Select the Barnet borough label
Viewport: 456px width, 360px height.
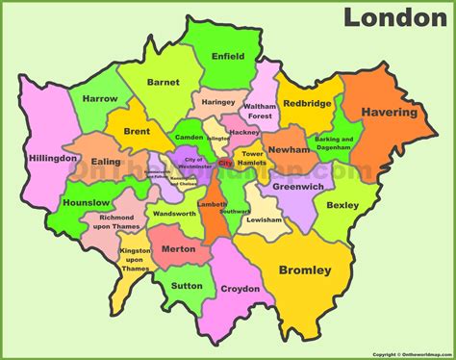(x=164, y=83)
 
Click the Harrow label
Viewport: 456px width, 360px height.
(x=99, y=98)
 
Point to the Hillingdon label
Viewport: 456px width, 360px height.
(x=53, y=157)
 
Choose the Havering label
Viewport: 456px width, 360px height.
(x=389, y=113)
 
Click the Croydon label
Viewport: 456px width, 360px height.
(x=240, y=289)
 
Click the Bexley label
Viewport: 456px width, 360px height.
(x=342, y=205)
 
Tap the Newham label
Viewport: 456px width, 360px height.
(x=289, y=150)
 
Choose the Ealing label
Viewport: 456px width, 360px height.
(x=107, y=163)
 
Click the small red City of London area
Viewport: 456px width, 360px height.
(x=225, y=165)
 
